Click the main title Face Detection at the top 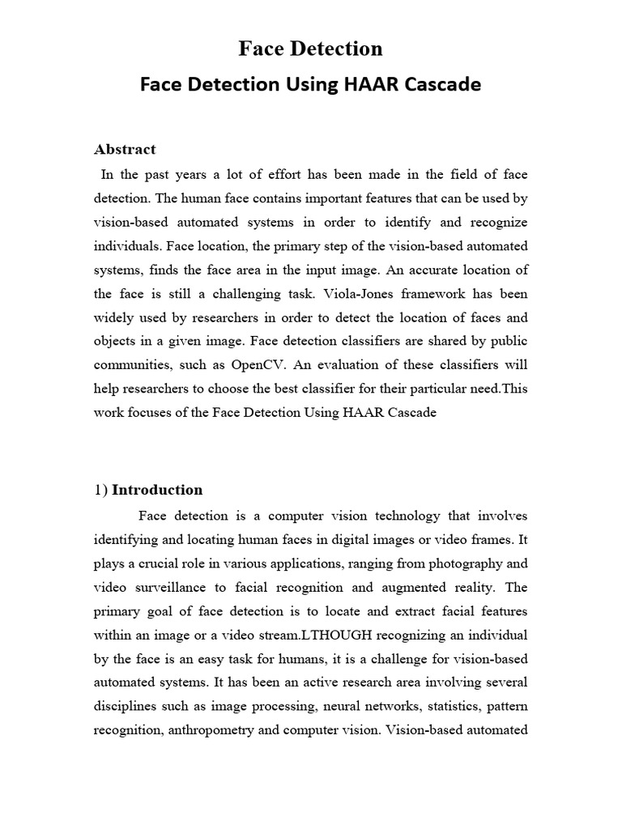310,49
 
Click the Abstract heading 125,149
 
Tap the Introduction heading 157,490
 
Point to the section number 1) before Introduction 101,490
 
